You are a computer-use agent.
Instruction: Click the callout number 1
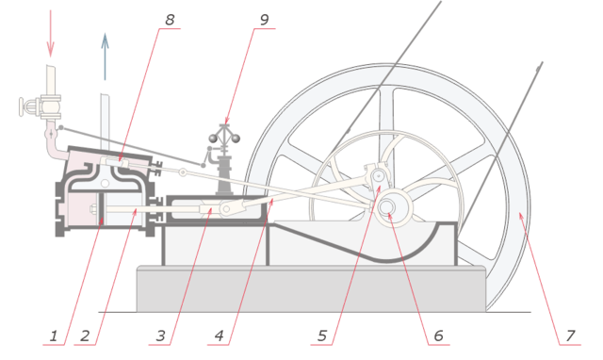(x=54, y=335)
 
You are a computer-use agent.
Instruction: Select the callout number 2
(x=85, y=335)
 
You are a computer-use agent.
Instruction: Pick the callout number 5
(x=322, y=335)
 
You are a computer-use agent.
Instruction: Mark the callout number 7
(x=568, y=335)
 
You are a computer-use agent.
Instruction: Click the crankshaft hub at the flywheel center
(x=388, y=216)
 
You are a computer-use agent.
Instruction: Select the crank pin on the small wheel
(x=377, y=174)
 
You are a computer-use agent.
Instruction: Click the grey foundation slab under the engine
(x=311, y=289)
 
